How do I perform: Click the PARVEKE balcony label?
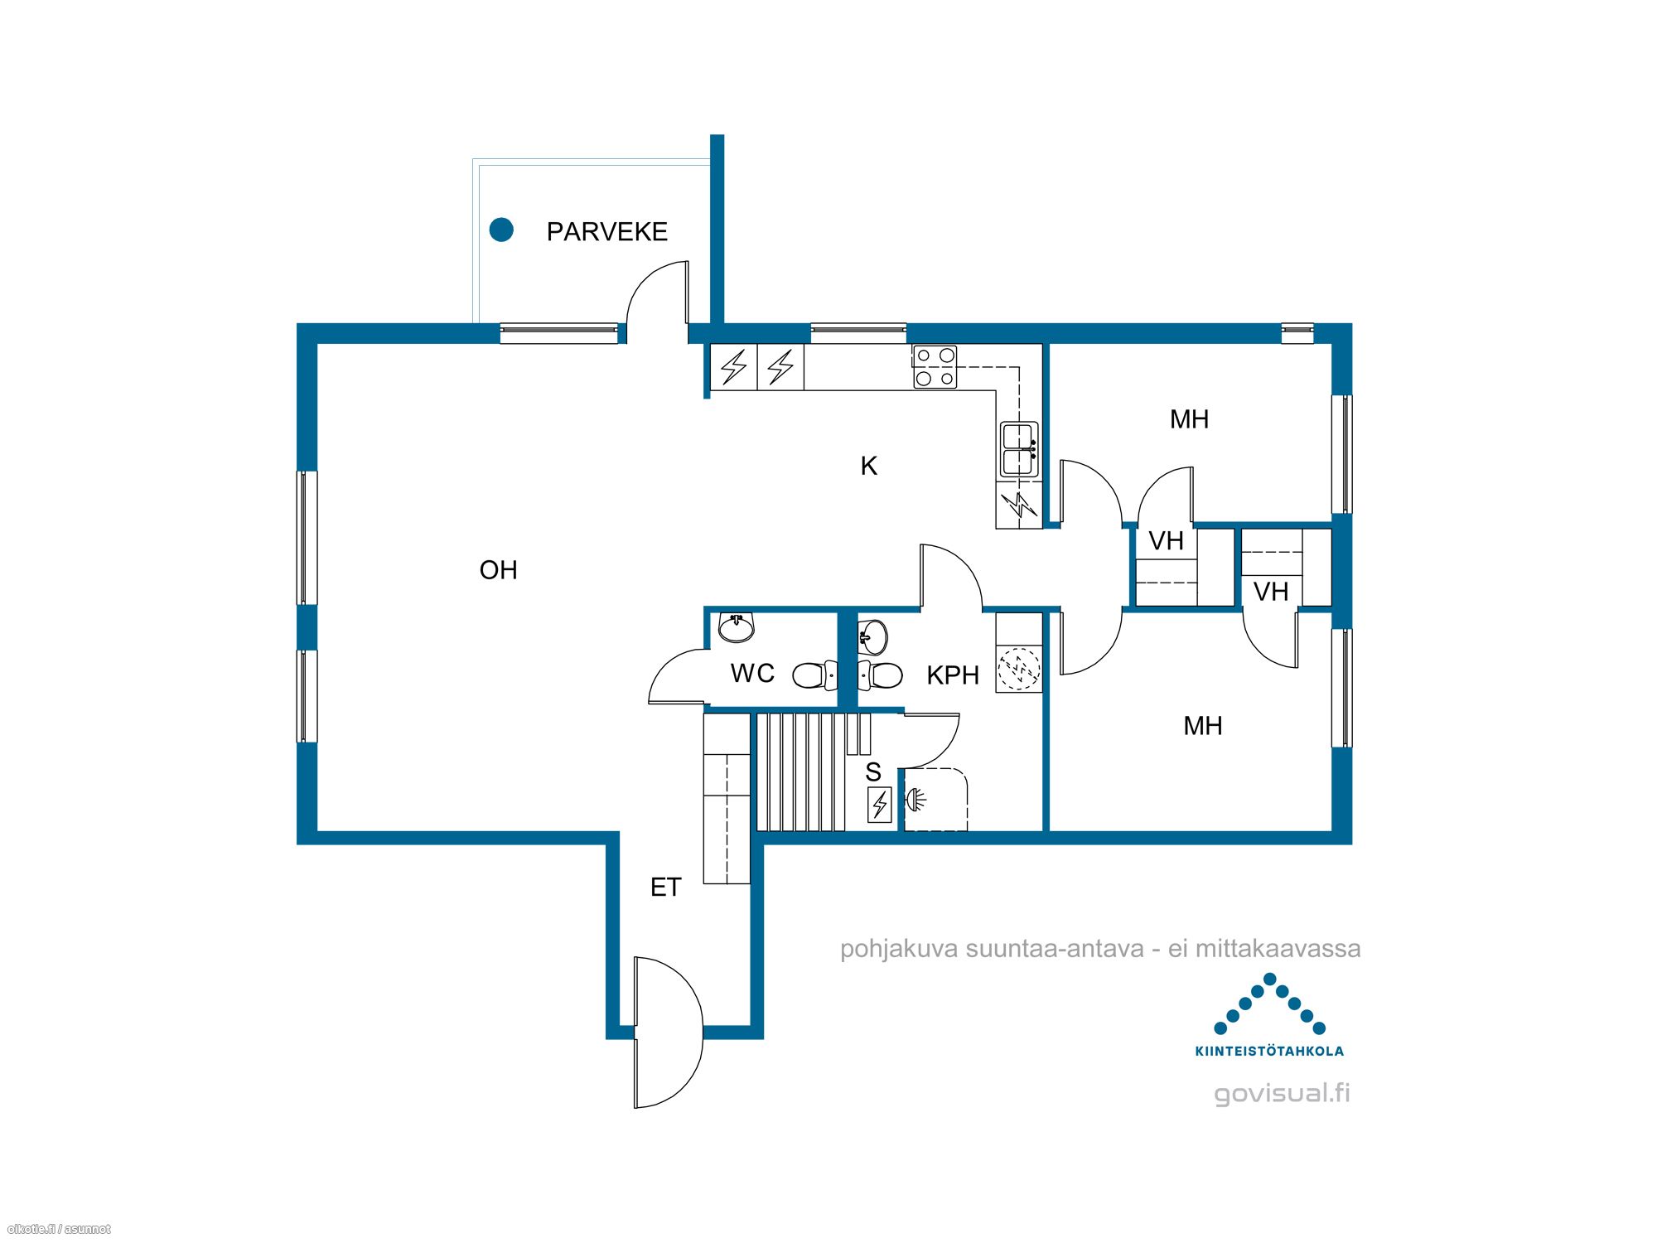coord(607,231)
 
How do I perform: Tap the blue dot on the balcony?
coord(501,230)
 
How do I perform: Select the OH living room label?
coord(499,570)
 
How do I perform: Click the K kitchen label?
coord(869,466)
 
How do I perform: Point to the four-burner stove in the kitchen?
coord(935,367)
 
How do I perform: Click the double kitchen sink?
coord(1019,449)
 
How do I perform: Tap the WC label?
coord(752,673)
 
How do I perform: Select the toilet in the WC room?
coord(815,675)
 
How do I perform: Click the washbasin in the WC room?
coord(736,627)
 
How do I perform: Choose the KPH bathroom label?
coord(953,675)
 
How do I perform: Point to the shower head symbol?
coord(915,800)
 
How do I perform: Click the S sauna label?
coord(873,772)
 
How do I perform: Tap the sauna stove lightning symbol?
coord(880,804)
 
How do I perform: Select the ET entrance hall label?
coord(666,888)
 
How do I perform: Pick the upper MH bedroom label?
coord(1190,419)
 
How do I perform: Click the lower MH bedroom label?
coord(1203,726)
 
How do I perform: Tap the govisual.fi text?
coord(1283,1094)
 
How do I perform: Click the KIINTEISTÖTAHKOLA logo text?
coord(1269,1051)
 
